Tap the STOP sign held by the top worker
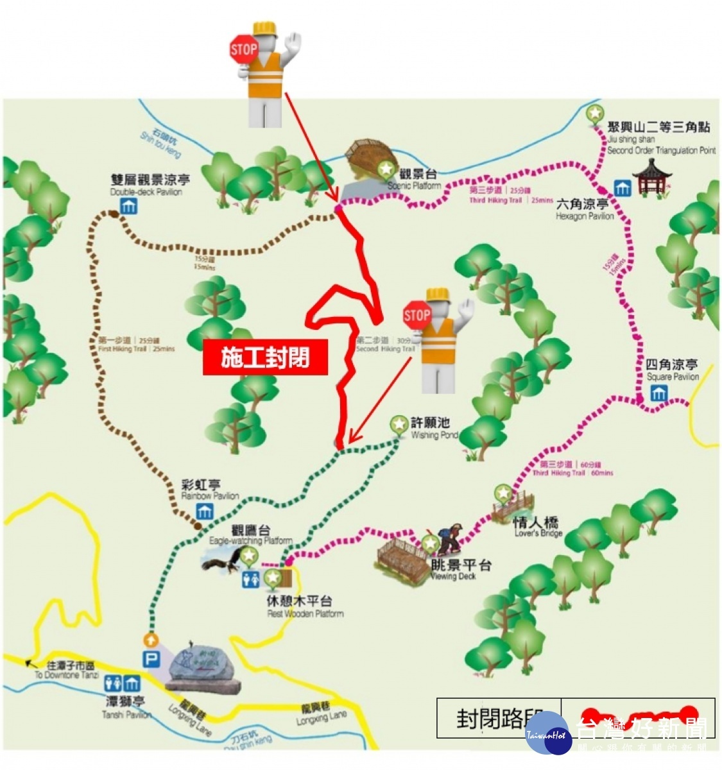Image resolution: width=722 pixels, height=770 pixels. tap(243, 49)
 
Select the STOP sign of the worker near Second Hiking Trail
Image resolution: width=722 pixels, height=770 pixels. tap(417, 315)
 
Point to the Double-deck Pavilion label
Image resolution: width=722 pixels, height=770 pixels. tap(150, 185)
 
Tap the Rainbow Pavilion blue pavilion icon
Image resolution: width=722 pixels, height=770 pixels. tap(205, 512)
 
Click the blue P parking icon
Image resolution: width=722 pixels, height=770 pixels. tap(151, 659)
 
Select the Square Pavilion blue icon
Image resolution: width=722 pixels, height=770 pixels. tap(658, 393)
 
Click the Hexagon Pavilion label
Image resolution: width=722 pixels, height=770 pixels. tap(583, 209)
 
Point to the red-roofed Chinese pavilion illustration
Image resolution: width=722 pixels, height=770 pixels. tap(651, 176)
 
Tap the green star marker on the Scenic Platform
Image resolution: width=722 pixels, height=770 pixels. tap(386, 169)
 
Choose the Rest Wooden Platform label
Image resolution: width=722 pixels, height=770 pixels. tap(302, 606)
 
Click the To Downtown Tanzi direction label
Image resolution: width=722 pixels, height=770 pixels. tap(67, 671)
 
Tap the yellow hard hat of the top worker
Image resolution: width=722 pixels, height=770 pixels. tap(264, 30)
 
